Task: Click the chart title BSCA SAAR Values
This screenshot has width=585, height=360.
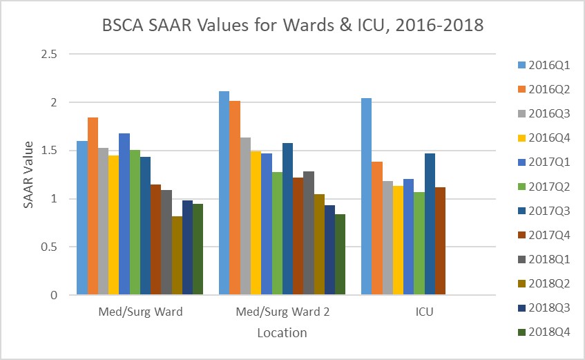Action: (x=292, y=27)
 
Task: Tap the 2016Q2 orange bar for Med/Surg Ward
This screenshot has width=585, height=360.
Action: (x=93, y=207)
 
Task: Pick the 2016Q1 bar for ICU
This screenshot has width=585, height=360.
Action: (x=366, y=197)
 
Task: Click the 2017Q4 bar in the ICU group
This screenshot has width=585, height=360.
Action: (x=441, y=241)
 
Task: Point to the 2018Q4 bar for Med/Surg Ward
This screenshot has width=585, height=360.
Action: (x=198, y=249)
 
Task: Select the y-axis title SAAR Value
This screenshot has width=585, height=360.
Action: (x=28, y=174)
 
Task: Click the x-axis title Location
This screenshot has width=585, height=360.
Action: (x=282, y=333)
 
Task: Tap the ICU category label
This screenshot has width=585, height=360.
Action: (x=424, y=312)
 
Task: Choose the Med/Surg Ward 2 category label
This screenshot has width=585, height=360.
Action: (x=282, y=312)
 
